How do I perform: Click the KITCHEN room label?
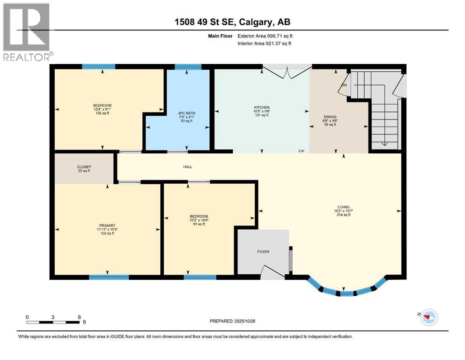pos(261,107)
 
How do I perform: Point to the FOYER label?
pos(263,252)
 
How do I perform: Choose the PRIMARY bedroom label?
pos(107,225)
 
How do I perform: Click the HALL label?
pos(187,167)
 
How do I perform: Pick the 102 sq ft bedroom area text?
pos(103,113)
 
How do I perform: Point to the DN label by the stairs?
pos(344,85)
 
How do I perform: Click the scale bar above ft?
pos(53,322)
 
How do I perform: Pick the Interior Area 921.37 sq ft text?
pos(265,43)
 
